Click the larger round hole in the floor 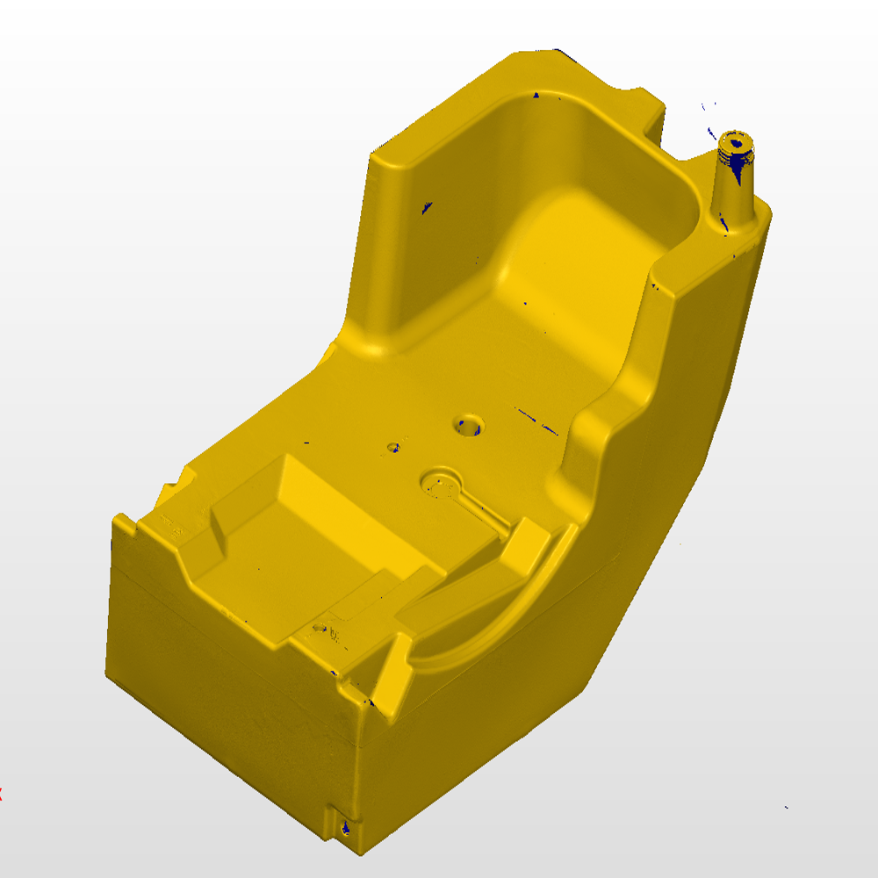pos(470,426)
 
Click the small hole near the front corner pos(321,629)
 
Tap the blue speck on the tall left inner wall pos(427,208)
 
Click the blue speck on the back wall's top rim pos(536,93)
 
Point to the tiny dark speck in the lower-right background pos(786,807)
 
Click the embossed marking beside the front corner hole pos(339,635)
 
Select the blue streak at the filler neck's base pos(725,227)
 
